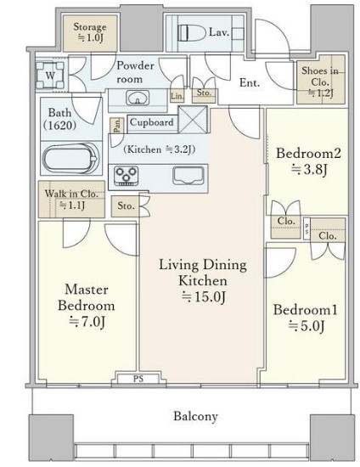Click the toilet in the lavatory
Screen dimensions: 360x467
(x=192, y=32)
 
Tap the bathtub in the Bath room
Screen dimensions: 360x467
(x=70, y=159)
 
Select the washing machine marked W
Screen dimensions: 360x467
(x=50, y=76)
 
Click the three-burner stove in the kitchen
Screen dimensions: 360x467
(x=127, y=176)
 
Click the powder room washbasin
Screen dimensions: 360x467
(x=138, y=98)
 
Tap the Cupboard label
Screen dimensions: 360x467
(x=152, y=122)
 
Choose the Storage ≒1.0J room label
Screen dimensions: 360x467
(x=90, y=32)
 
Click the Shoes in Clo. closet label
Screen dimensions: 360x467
(x=320, y=82)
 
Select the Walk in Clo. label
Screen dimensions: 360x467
(x=71, y=199)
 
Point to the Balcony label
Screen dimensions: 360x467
(x=195, y=416)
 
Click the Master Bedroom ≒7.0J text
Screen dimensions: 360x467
(x=87, y=306)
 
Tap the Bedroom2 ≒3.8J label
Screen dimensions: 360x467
(x=308, y=161)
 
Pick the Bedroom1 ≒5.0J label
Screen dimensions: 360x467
(x=305, y=318)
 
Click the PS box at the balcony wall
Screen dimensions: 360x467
(x=138, y=379)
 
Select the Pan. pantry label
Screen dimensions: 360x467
(x=117, y=126)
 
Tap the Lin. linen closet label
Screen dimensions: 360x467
(x=177, y=96)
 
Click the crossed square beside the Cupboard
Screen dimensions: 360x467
(x=193, y=120)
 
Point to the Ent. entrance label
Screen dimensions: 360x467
(x=250, y=82)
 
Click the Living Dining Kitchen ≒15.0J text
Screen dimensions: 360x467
(x=203, y=281)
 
